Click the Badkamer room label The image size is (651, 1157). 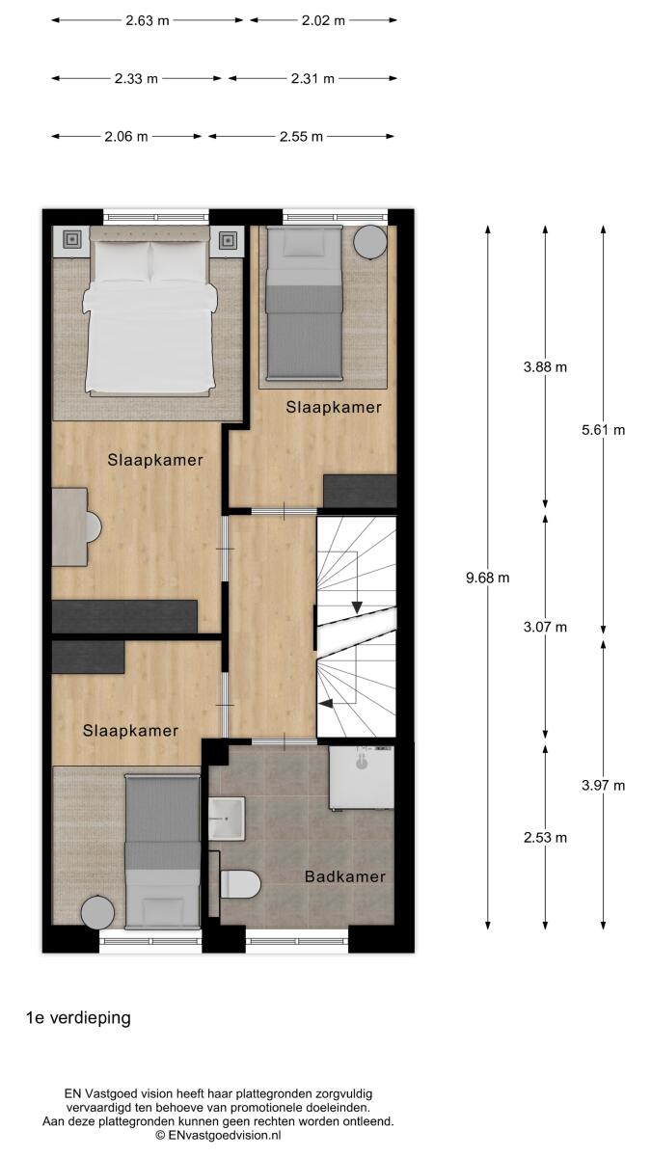(345, 876)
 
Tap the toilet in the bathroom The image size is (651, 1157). (240, 884)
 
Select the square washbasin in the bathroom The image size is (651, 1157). (227, 819)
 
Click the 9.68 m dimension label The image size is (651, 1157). (487, 578)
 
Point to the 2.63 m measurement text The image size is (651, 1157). (148, 20)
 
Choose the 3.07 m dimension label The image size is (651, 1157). (545, 627)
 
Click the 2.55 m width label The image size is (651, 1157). (301, 137)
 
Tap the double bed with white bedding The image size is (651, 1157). (149, 310)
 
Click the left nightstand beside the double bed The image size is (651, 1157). (71, 240)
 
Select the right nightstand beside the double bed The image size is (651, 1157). (228, 240)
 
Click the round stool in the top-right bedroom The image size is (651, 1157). (370, 243)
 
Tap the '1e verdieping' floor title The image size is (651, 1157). (78, 1017)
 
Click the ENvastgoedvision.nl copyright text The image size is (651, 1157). (219, 1135)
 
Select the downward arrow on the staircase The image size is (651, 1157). (357, 607)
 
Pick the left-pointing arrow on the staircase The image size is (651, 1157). (326, 703)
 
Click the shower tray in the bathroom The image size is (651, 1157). (362, 777)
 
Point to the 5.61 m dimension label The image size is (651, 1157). (603, 430)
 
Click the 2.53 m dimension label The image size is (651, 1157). (545, 837)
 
